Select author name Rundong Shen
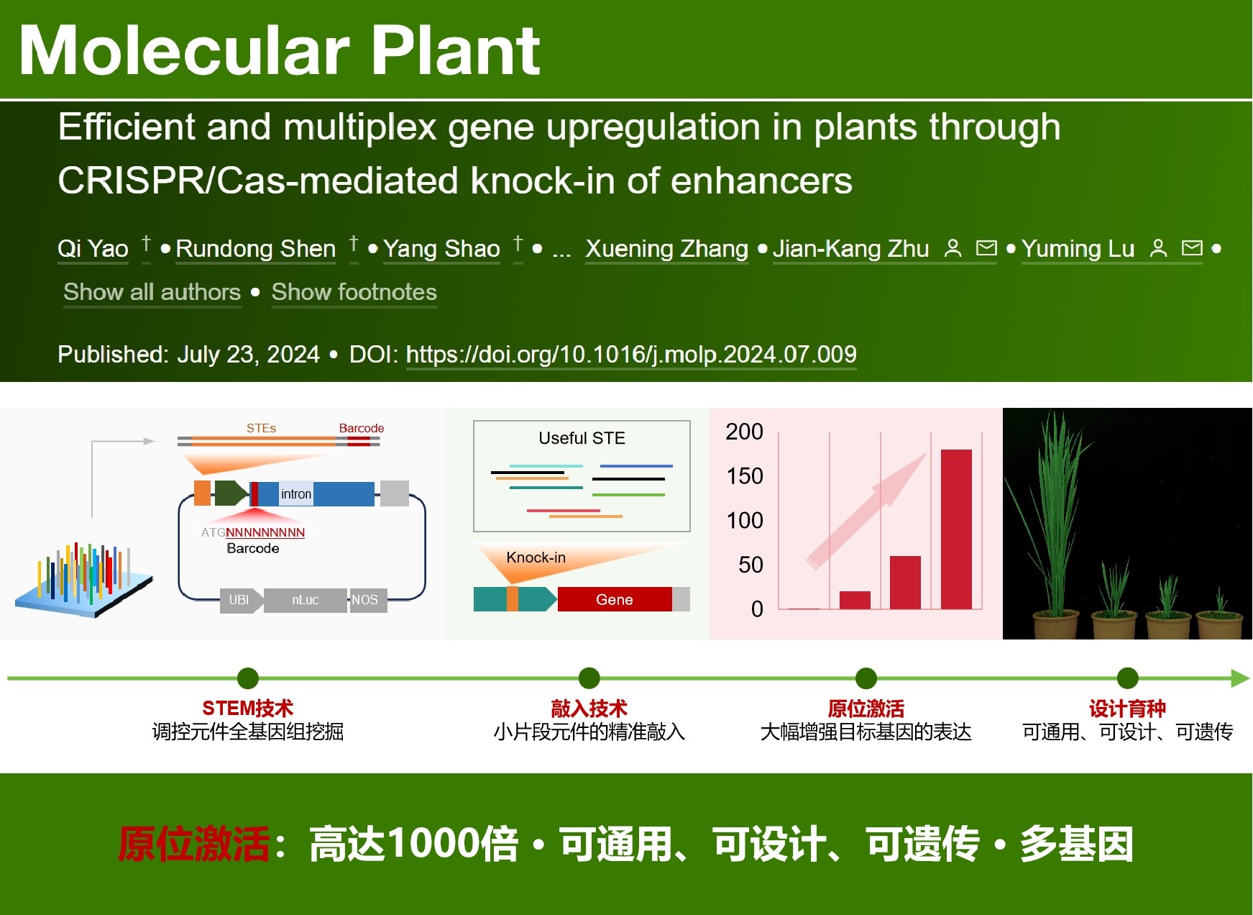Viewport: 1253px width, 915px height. pyautogui.click(x=256, y=249)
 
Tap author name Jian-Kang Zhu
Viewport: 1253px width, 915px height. pyautogui.click(x=850, y=249)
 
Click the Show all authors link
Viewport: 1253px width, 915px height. pyautogui.click(x=152, y=292)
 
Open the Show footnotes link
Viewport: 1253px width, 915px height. pyautogui.click(x=354, y=292)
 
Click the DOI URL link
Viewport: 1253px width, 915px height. pyautogui.click(x=631, y=354)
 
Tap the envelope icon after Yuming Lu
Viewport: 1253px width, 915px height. pyautogui.click(x=1192, y=248)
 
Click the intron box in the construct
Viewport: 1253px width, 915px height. pyautogui.click(x=296, y=493)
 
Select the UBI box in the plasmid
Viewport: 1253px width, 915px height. pyautogui.click(x=240, y=600)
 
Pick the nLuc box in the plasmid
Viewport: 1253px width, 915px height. pyautogui.click(x=306, y=600)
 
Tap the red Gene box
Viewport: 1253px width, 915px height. pyautogui.click(x=615, y=599)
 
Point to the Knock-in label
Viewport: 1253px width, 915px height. pyautogui.click(x=536, y=557)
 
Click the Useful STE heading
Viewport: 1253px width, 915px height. pyautogui.click(x=582, y=438)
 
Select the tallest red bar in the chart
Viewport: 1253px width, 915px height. pyautogui.click(x=956, y=529)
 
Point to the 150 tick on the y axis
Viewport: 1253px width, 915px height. pyautogui.click(x=745, y=476)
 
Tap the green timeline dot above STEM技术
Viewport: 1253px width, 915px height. pyautogui.click(x=248, y=678)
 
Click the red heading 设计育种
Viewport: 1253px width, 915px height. pyautogui.click(x=1127, y=709)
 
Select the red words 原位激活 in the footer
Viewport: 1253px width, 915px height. pyautogui.click(x=194, y=844)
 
